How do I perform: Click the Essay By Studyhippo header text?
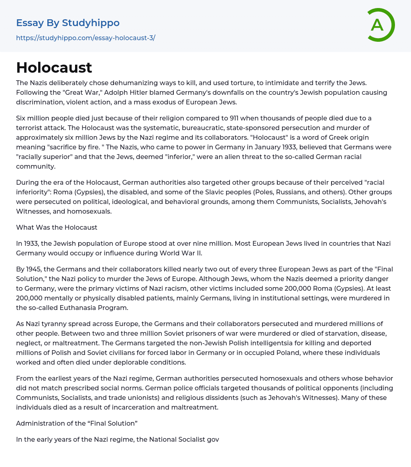click(68, 23)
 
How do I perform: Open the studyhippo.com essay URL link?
click(85, 38)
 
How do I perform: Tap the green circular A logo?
click(379, 25)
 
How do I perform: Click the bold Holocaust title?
click(54, 67)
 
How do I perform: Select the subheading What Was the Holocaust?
click(57, 227)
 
